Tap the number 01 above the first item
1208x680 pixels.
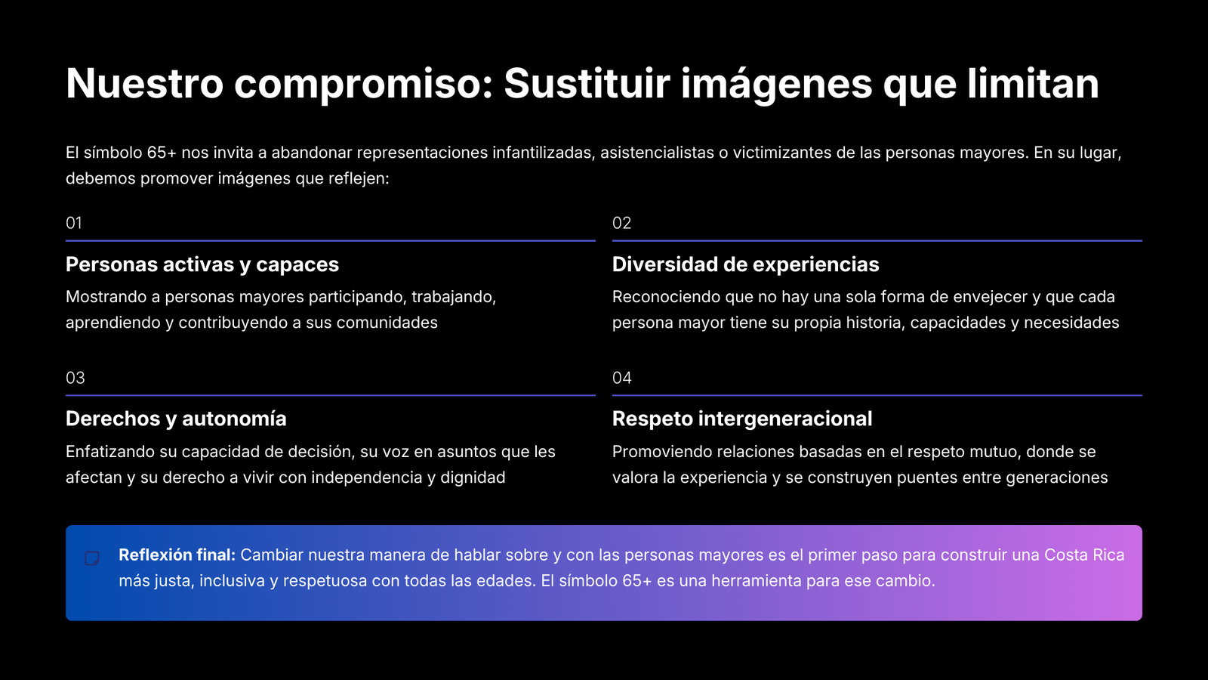[74, 223]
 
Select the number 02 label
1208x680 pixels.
[622, 223]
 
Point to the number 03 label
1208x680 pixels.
[75, 378]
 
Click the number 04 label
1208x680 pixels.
[622, 378]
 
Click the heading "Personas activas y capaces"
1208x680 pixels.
[202, 265]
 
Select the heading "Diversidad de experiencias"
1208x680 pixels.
[746, 264]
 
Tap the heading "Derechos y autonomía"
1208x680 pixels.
[176, 419]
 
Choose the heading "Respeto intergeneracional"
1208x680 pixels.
[742, 419]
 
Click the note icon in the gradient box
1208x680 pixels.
[92, 558]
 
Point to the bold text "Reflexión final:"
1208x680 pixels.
[177, 555]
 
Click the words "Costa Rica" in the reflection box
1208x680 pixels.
[1084, 555]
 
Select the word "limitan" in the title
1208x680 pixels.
[1033, 83]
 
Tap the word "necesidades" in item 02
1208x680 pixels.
[1071, 323]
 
